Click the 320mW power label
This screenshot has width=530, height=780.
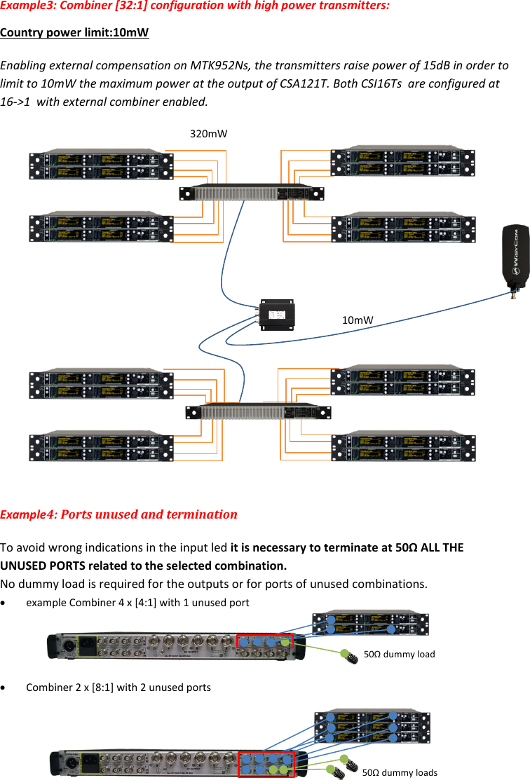tap(209, 133)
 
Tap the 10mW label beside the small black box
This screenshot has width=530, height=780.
tap(358, 320)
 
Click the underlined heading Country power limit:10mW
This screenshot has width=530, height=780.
tap(74, 33)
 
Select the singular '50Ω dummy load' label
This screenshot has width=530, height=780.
tap(400, 654)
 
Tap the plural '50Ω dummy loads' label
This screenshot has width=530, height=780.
tap(400, 772)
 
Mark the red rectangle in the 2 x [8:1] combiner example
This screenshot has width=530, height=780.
tap(266, 763)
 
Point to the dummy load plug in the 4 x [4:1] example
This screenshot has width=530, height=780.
tap(346, 655)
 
